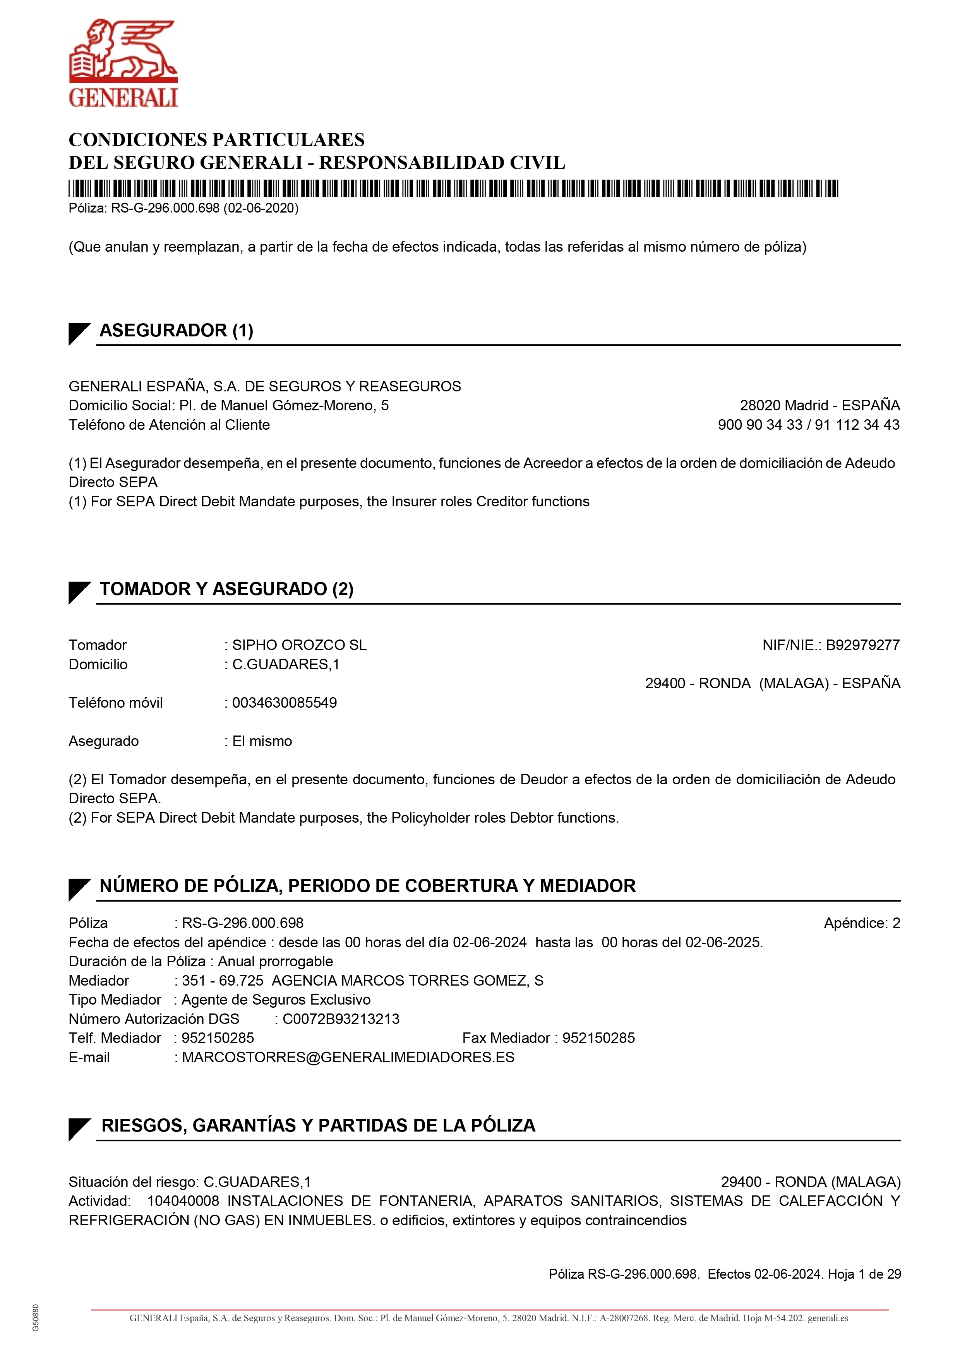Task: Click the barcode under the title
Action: (x=453, y=189)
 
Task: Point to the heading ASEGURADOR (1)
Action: (x=176, y=330)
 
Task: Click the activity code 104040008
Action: (x=183, y=1201)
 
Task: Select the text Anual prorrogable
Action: (x=275, y=961)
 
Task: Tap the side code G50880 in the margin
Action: (x=36, y=1318)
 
